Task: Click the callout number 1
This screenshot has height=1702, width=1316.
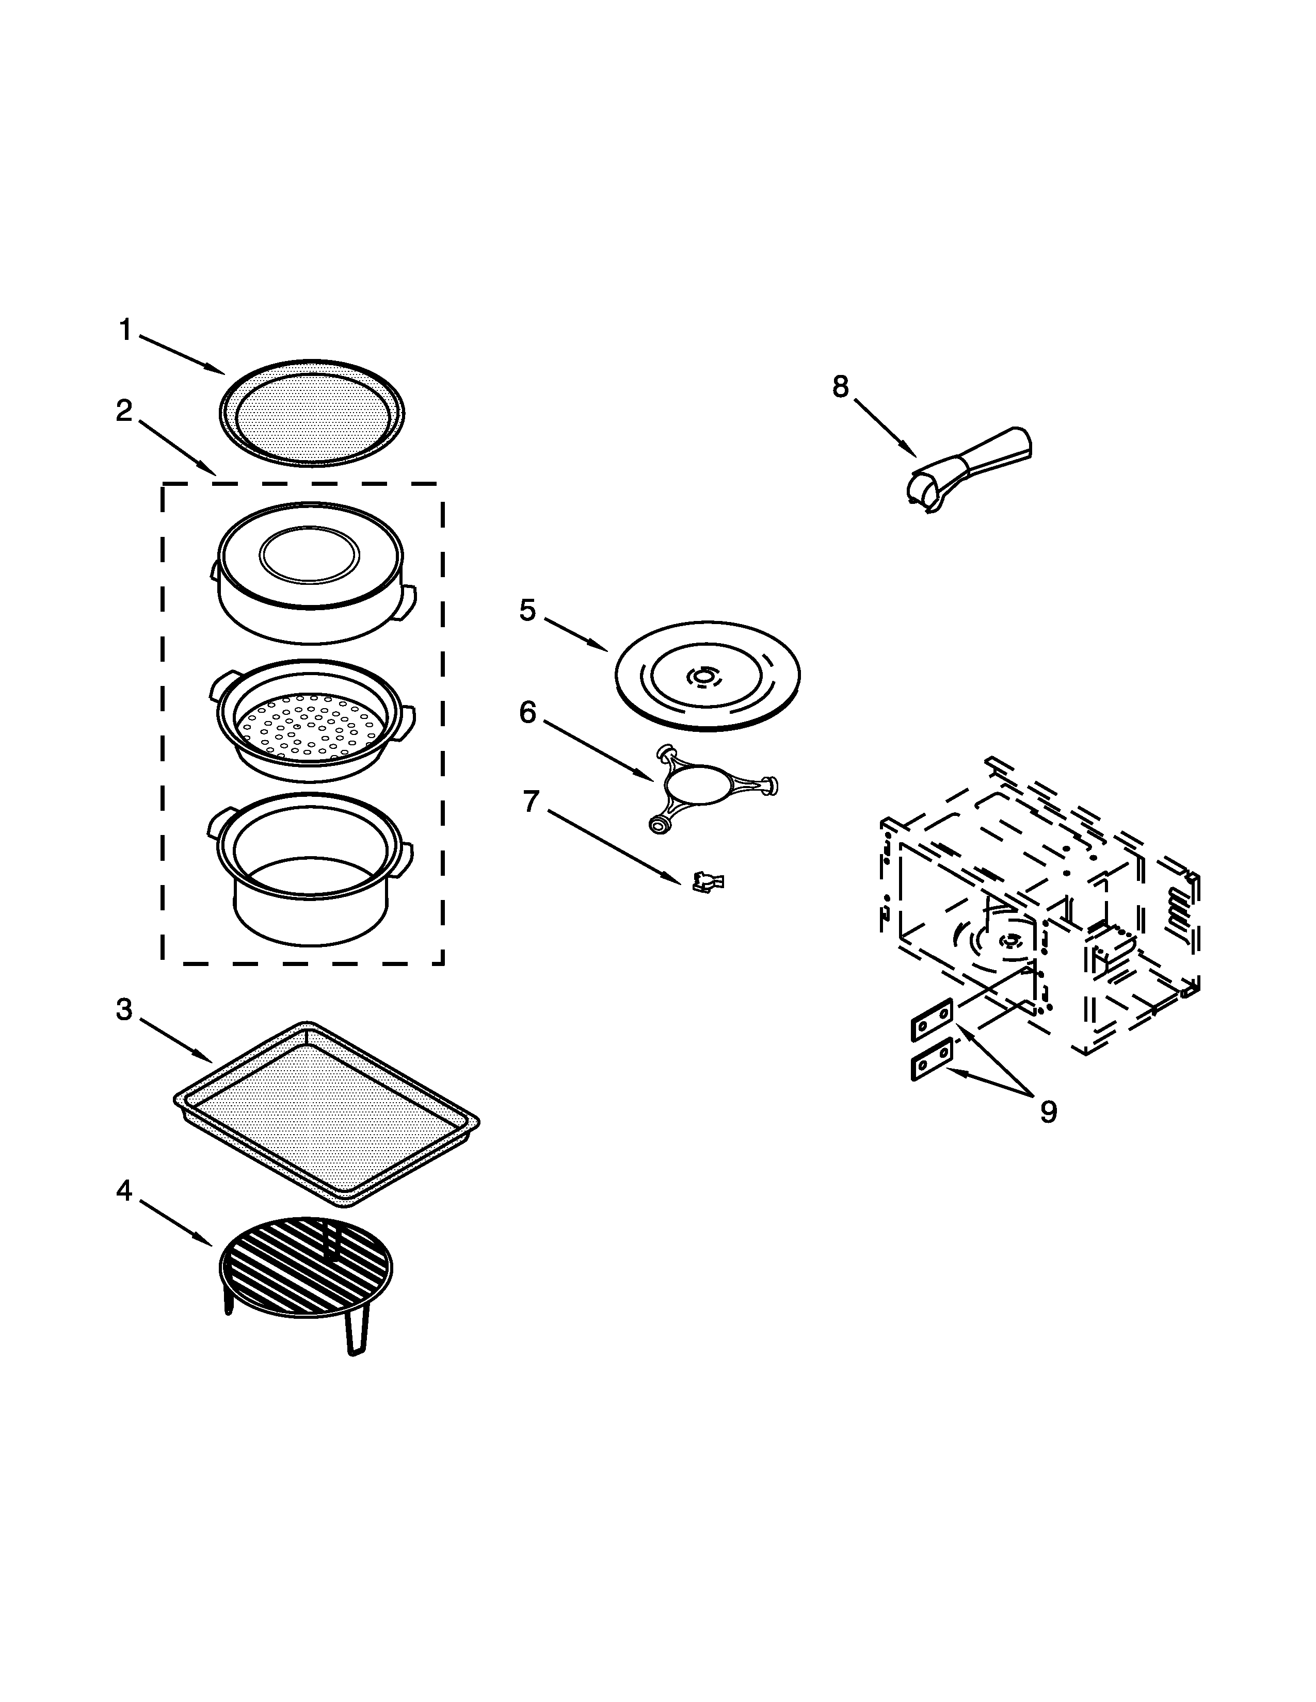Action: (x=125, y=331)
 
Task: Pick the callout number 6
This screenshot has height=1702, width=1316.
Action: (x=528, y=712)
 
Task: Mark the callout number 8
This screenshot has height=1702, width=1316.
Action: (x=840, y=386)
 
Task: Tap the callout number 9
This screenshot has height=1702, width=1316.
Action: (x=1049, y=1112)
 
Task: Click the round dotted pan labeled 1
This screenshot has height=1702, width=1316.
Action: (x=312, y=413)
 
